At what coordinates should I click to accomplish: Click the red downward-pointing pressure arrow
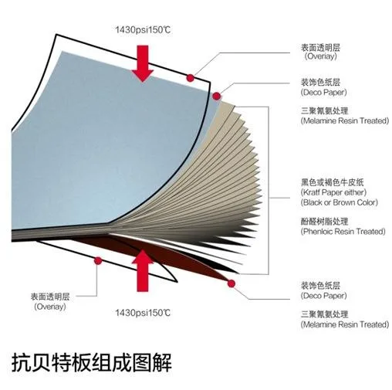[143, 63]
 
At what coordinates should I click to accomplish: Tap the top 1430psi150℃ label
[143, 30]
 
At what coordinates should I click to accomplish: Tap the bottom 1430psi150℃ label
[143, 313]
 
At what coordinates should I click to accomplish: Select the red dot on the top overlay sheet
[191, 78]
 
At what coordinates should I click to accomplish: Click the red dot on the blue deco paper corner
[217, 97]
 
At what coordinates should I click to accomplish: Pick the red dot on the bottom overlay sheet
[98, 261]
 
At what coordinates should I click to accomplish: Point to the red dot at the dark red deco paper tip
[231, 283]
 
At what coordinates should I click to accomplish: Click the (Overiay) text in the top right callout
[321, 56]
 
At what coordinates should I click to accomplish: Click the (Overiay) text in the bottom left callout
[50, 307]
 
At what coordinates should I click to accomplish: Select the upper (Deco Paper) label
[323, 92]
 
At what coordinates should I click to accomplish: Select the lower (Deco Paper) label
[323, 296]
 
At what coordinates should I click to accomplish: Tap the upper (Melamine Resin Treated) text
[345, 120]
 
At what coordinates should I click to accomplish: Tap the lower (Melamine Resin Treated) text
[345, 324]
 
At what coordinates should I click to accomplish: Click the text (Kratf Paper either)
[333, 192]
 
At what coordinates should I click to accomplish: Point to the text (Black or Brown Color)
[340, 202]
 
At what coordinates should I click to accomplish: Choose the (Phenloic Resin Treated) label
[343, 232]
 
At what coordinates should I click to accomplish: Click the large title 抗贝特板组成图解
[91, 362]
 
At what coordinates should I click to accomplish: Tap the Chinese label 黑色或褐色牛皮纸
[333, 182]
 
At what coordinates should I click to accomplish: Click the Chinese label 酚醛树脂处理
[324, 222]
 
